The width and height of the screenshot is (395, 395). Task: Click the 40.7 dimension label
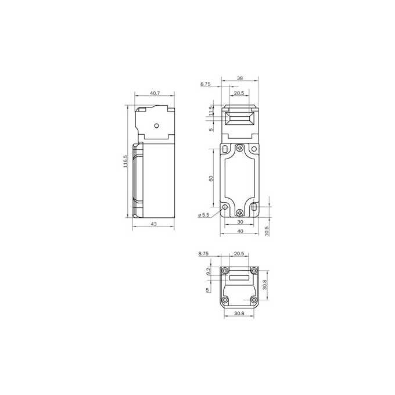(155, 93)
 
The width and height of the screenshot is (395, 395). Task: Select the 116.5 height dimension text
(125, 161)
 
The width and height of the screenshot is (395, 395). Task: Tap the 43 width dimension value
(154, 224)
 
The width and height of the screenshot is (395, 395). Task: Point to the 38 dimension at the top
(240, 78)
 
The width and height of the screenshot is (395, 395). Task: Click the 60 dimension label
(211, 178)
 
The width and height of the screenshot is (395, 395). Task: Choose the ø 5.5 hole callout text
(203, 215)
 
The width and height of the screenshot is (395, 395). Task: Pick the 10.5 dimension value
(267, 231)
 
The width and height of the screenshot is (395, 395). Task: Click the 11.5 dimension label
(211, 111)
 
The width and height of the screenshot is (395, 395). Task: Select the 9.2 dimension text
(209, 272)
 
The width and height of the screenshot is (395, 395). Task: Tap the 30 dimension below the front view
(240, 222)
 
